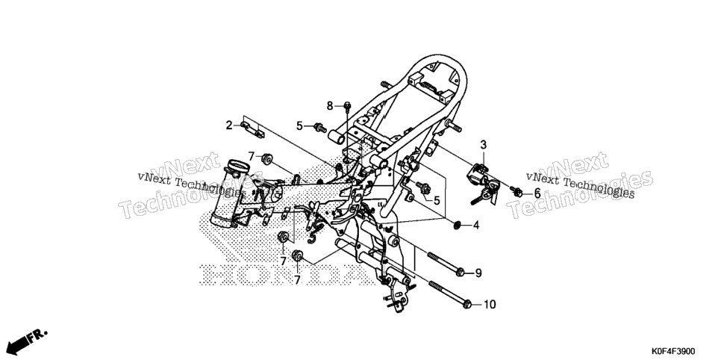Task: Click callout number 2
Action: (229, 125)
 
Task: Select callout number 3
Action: (483, 145)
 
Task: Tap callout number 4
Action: (476, 226)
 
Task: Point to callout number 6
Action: (537, 193)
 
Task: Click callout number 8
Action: (330, 106)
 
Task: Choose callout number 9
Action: (478, 273)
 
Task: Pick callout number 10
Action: (490, 304)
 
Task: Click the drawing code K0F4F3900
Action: (672, 351)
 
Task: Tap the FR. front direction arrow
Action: (28, 340)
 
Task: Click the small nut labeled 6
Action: (518, 193)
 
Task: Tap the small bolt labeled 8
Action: (348, 108)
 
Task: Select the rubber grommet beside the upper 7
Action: (266, 159)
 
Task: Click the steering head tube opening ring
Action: (239, 167)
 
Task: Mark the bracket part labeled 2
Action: (253, 130)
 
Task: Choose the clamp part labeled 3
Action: (482, 182)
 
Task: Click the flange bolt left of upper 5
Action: (319, 127)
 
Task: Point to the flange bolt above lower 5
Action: (423, 187)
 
